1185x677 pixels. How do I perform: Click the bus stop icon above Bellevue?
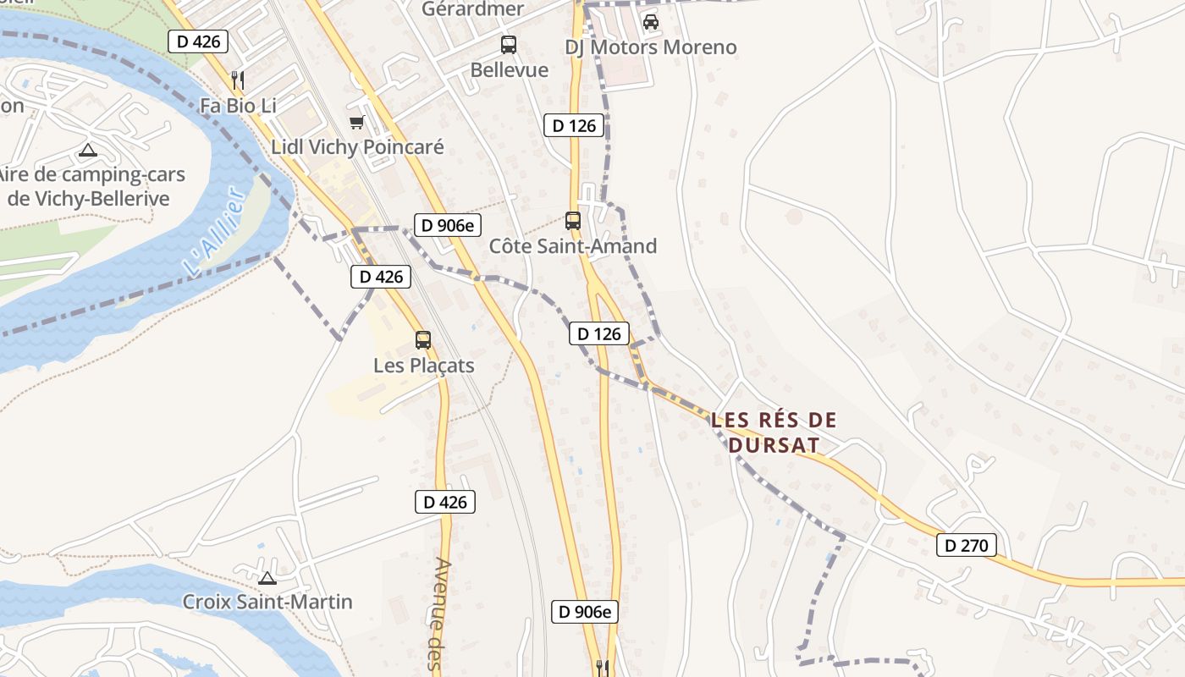509,45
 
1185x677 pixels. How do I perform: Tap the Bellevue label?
510,69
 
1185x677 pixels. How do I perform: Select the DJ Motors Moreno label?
650,47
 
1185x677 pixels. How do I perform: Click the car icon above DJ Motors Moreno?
650,22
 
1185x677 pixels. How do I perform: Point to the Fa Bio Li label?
238,106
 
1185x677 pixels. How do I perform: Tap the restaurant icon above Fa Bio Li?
238,80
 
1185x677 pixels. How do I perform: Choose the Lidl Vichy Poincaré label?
357,147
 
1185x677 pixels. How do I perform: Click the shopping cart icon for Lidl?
357,123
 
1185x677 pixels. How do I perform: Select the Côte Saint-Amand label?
573,246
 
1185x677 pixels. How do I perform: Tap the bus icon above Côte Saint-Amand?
573,221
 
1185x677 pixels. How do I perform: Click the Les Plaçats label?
423,366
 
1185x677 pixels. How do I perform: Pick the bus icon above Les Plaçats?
423,340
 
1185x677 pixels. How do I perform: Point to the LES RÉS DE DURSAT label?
774,432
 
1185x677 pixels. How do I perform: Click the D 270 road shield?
966,545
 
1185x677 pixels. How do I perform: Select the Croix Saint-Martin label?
267,603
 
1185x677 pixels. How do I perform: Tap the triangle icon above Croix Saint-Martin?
267,578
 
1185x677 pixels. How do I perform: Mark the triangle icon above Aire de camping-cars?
87,151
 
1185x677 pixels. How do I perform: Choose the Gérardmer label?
473,9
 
